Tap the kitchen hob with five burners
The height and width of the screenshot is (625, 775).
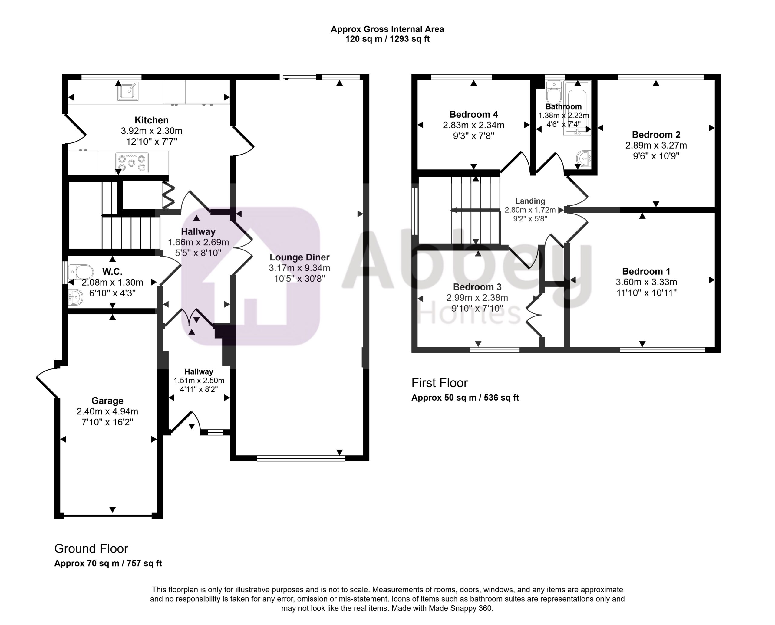coord(132,163)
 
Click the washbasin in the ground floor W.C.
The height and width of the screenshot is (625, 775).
coord(75,297)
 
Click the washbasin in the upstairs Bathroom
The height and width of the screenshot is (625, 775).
coord(584,159)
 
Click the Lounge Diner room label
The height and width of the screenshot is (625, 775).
coord(299,257)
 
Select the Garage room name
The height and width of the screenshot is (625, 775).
coord(107,401)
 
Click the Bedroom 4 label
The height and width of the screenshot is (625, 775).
coord(473,114)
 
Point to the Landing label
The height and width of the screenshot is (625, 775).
coord(530,201)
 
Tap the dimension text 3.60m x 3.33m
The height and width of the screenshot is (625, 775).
coord(646,282)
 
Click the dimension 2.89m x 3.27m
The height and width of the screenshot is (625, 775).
coord(656,146)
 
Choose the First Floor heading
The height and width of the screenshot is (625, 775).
coord(440,383)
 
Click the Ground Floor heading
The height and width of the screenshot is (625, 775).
coord(91,549)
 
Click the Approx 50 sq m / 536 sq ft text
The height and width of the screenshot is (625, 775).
coord(465,398)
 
